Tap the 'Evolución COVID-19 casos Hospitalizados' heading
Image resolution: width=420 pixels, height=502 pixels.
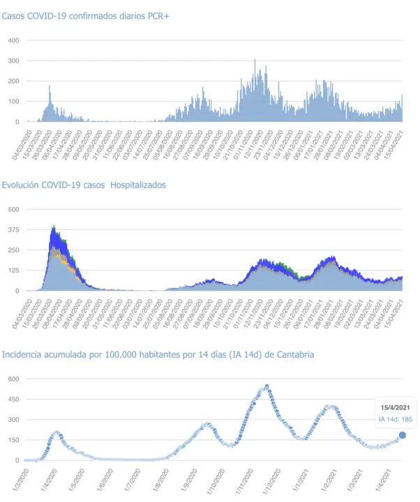pyautogui.click(x=84, y=185)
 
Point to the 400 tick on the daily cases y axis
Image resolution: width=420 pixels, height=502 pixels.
pyautogui.click(x=13, y=40)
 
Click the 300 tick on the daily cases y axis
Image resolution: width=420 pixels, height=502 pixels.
pyautogui.click(x=13, y=61)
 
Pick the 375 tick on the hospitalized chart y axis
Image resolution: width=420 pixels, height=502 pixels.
pyautogui.click(x=13, y=229)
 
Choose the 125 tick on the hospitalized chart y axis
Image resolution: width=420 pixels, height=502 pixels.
pyautogui.click(x=13, y=271)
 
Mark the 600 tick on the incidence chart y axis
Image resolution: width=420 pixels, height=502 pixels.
pyautogui.click(x=13, y=379)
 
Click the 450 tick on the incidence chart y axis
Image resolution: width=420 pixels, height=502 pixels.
pyautogui.click(x=13, y=399)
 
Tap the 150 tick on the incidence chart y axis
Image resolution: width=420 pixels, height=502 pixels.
pyautogui.click(x=13, y=440)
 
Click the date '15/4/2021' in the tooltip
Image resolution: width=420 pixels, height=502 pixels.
pyautogui.click(x=396, y=407)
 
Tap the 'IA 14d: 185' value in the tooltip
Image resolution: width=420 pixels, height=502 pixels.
pyautogui.click(x=395, y=419)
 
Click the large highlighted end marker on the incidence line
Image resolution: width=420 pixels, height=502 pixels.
pyautogui.click(x=403, y=435)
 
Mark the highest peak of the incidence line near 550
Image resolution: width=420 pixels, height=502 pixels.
pyautogui.click(x=267, y=386)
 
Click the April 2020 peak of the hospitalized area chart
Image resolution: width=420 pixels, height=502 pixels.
pyautogui.click(x=54, y=227)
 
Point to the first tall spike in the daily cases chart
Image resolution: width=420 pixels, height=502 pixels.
pyautogui.click(x=50, y=86)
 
